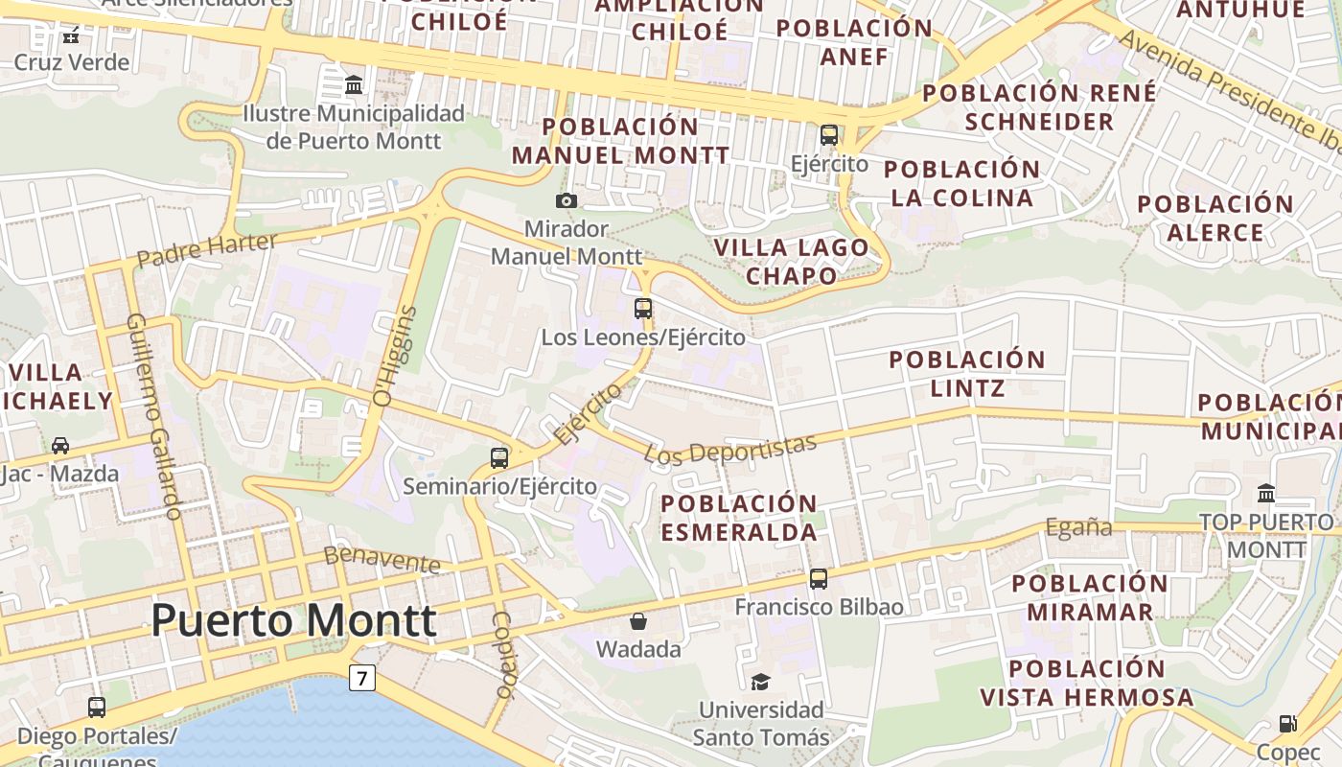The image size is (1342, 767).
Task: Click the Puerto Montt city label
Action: (293, 620)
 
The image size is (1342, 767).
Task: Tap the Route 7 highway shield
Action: (360, 678)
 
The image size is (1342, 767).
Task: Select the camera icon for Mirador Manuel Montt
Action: (567, 200)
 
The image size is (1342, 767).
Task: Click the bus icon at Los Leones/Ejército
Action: (643, 309)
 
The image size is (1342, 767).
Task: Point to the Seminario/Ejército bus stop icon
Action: (499, 457)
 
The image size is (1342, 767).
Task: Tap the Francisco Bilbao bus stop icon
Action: (818, 578)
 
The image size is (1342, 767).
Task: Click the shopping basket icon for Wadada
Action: (638, 621)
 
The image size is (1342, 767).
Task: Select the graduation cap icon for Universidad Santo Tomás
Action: (760, 682)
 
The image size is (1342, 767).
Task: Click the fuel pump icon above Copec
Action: (1288, 724)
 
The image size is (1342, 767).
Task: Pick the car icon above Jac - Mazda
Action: (59, 445)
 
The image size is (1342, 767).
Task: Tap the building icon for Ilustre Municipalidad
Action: (354, 85)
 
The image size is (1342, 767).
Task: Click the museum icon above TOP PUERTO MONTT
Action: (1266, 493)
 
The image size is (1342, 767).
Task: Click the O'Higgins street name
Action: (395, 356)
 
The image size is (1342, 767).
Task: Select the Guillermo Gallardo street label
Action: (154, 416)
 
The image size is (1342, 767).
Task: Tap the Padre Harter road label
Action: (206, 249)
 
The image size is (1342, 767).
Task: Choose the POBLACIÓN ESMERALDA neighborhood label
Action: (739, 517)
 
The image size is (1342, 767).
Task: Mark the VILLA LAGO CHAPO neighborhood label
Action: (792, 262)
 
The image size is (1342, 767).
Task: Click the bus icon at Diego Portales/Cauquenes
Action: (97, 708)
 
